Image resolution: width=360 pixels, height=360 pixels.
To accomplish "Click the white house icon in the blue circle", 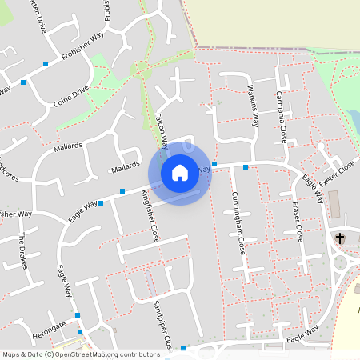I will (179, 172).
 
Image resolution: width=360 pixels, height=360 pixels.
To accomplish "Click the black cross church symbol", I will (340, 238).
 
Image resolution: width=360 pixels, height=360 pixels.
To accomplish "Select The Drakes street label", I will (23, 250).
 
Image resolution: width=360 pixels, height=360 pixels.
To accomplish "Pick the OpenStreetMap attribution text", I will (81, 354).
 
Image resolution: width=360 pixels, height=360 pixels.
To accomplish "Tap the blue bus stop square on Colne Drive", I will (23, 82).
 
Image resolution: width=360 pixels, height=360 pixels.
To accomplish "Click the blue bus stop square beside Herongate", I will (80, 331).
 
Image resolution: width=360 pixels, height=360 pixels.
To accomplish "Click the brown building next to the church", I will (334, 205).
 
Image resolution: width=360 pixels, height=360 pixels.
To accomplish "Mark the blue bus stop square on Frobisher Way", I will (46, 63).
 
